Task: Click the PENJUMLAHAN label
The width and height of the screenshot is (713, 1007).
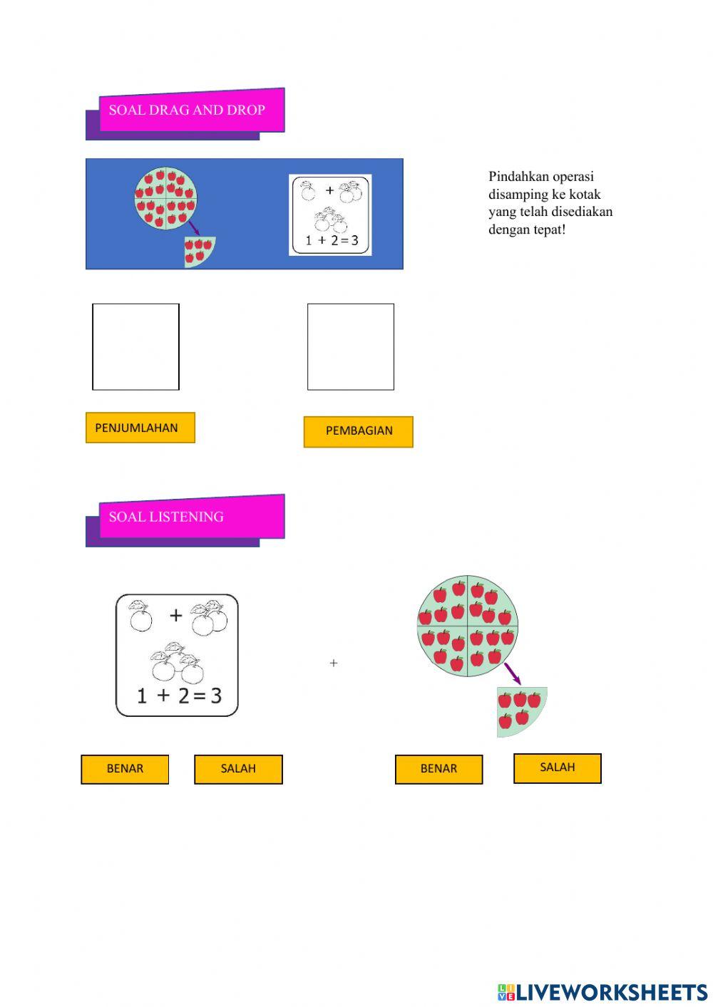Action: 140,428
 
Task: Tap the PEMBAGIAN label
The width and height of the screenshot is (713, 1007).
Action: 358,431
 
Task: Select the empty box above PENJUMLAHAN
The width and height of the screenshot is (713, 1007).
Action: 135,346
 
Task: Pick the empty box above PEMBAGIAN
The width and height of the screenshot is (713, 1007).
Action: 350,346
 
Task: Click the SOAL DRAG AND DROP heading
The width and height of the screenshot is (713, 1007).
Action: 187,110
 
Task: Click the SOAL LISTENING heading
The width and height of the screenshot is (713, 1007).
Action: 166,517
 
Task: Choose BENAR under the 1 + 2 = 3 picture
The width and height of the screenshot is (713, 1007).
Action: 125,769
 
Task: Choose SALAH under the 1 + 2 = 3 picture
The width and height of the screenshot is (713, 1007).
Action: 238,769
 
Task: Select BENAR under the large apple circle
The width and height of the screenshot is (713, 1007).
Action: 438,769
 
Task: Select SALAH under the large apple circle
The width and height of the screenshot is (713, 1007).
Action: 557,768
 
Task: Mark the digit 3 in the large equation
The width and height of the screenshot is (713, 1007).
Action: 215,696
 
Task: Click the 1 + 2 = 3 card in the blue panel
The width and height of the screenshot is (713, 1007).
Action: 330,215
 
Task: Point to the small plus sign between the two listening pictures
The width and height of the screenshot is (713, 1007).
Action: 334,663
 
